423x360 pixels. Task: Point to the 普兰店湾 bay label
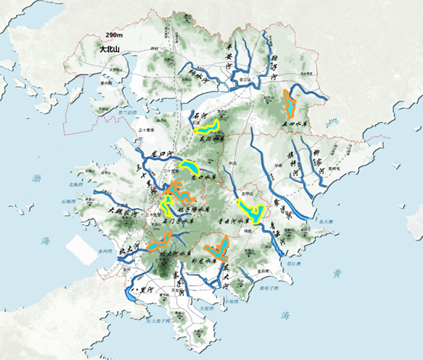[127, 113]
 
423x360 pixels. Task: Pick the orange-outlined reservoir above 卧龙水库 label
[218, 247]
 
